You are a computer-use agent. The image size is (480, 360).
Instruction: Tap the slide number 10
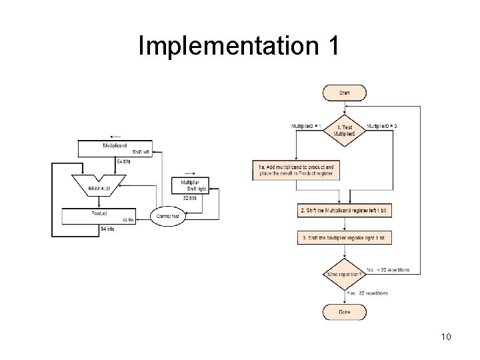click(x=446, y=337)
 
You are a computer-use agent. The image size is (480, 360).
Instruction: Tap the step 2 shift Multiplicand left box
click(x=344, y=211)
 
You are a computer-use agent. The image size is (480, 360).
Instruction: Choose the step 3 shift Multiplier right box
click(x=344, y=237)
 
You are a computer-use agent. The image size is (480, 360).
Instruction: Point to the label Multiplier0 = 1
click(x=306, y=125)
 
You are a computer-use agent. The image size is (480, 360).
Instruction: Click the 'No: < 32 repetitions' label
click(x=388, y=270)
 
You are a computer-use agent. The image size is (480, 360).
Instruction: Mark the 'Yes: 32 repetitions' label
click(x=367, y=293)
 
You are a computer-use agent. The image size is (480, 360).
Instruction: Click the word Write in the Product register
click(x=129, y=219)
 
